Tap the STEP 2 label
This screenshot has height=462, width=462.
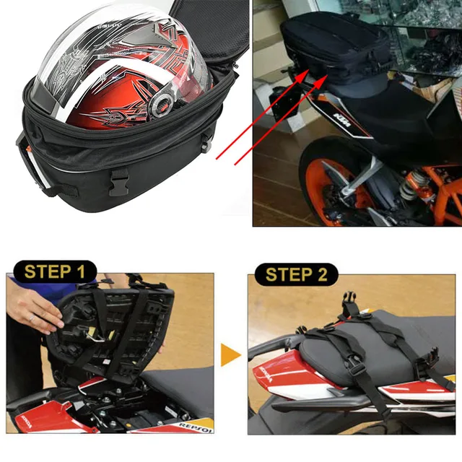pyautogui.click(x=296, y=274)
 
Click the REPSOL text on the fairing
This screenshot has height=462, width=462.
pyautogui.click(x=196, y=429)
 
